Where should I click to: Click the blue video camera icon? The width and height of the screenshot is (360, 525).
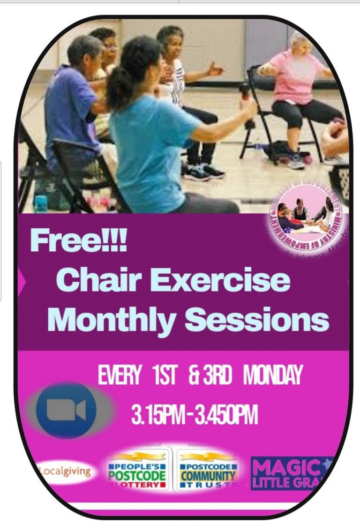tap(66, 411)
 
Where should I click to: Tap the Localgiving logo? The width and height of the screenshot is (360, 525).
tap(64, 471)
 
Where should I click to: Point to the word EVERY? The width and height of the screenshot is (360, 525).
tap(120, 376)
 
